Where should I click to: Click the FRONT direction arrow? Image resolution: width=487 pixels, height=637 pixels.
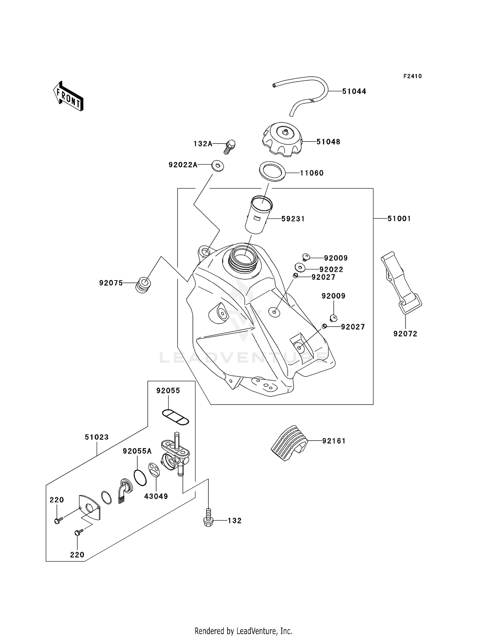pos(69,97)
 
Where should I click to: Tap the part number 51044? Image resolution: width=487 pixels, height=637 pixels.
pos(354,92)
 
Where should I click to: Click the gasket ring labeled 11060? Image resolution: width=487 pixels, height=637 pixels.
pos(272,171)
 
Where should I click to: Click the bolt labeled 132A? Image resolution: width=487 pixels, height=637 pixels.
pos(230,147)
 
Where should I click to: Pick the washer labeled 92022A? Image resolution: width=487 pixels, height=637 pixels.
pos(218,166)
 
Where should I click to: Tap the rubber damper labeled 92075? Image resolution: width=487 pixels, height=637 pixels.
pos(143,285)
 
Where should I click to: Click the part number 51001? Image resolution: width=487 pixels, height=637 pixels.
pos(399,219)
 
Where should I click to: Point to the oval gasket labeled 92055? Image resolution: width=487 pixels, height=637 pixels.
pos(175,417)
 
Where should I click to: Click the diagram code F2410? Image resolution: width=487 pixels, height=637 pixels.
pos(412,76)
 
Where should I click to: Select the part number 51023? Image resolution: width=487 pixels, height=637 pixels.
pos(97,437)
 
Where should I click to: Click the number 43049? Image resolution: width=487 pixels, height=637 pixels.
pos(156,496)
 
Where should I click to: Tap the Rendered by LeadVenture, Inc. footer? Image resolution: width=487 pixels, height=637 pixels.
pos(243,631)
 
